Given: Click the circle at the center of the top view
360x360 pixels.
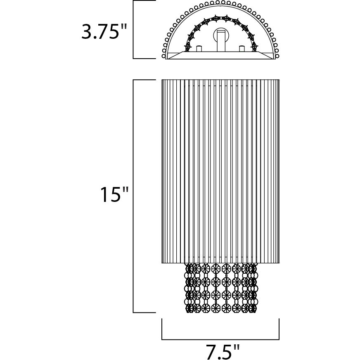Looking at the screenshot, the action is [x=221, y=36].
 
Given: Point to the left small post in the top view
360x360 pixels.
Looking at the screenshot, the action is [x=199, y=48].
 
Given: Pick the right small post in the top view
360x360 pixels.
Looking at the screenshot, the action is [x=242, y=48].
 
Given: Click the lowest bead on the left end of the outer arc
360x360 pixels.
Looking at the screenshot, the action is [x=164, y=56].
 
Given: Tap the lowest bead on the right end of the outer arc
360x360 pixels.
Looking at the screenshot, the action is [x=277, y=56].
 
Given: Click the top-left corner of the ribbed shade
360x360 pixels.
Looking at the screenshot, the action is [x=162, y=80].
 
